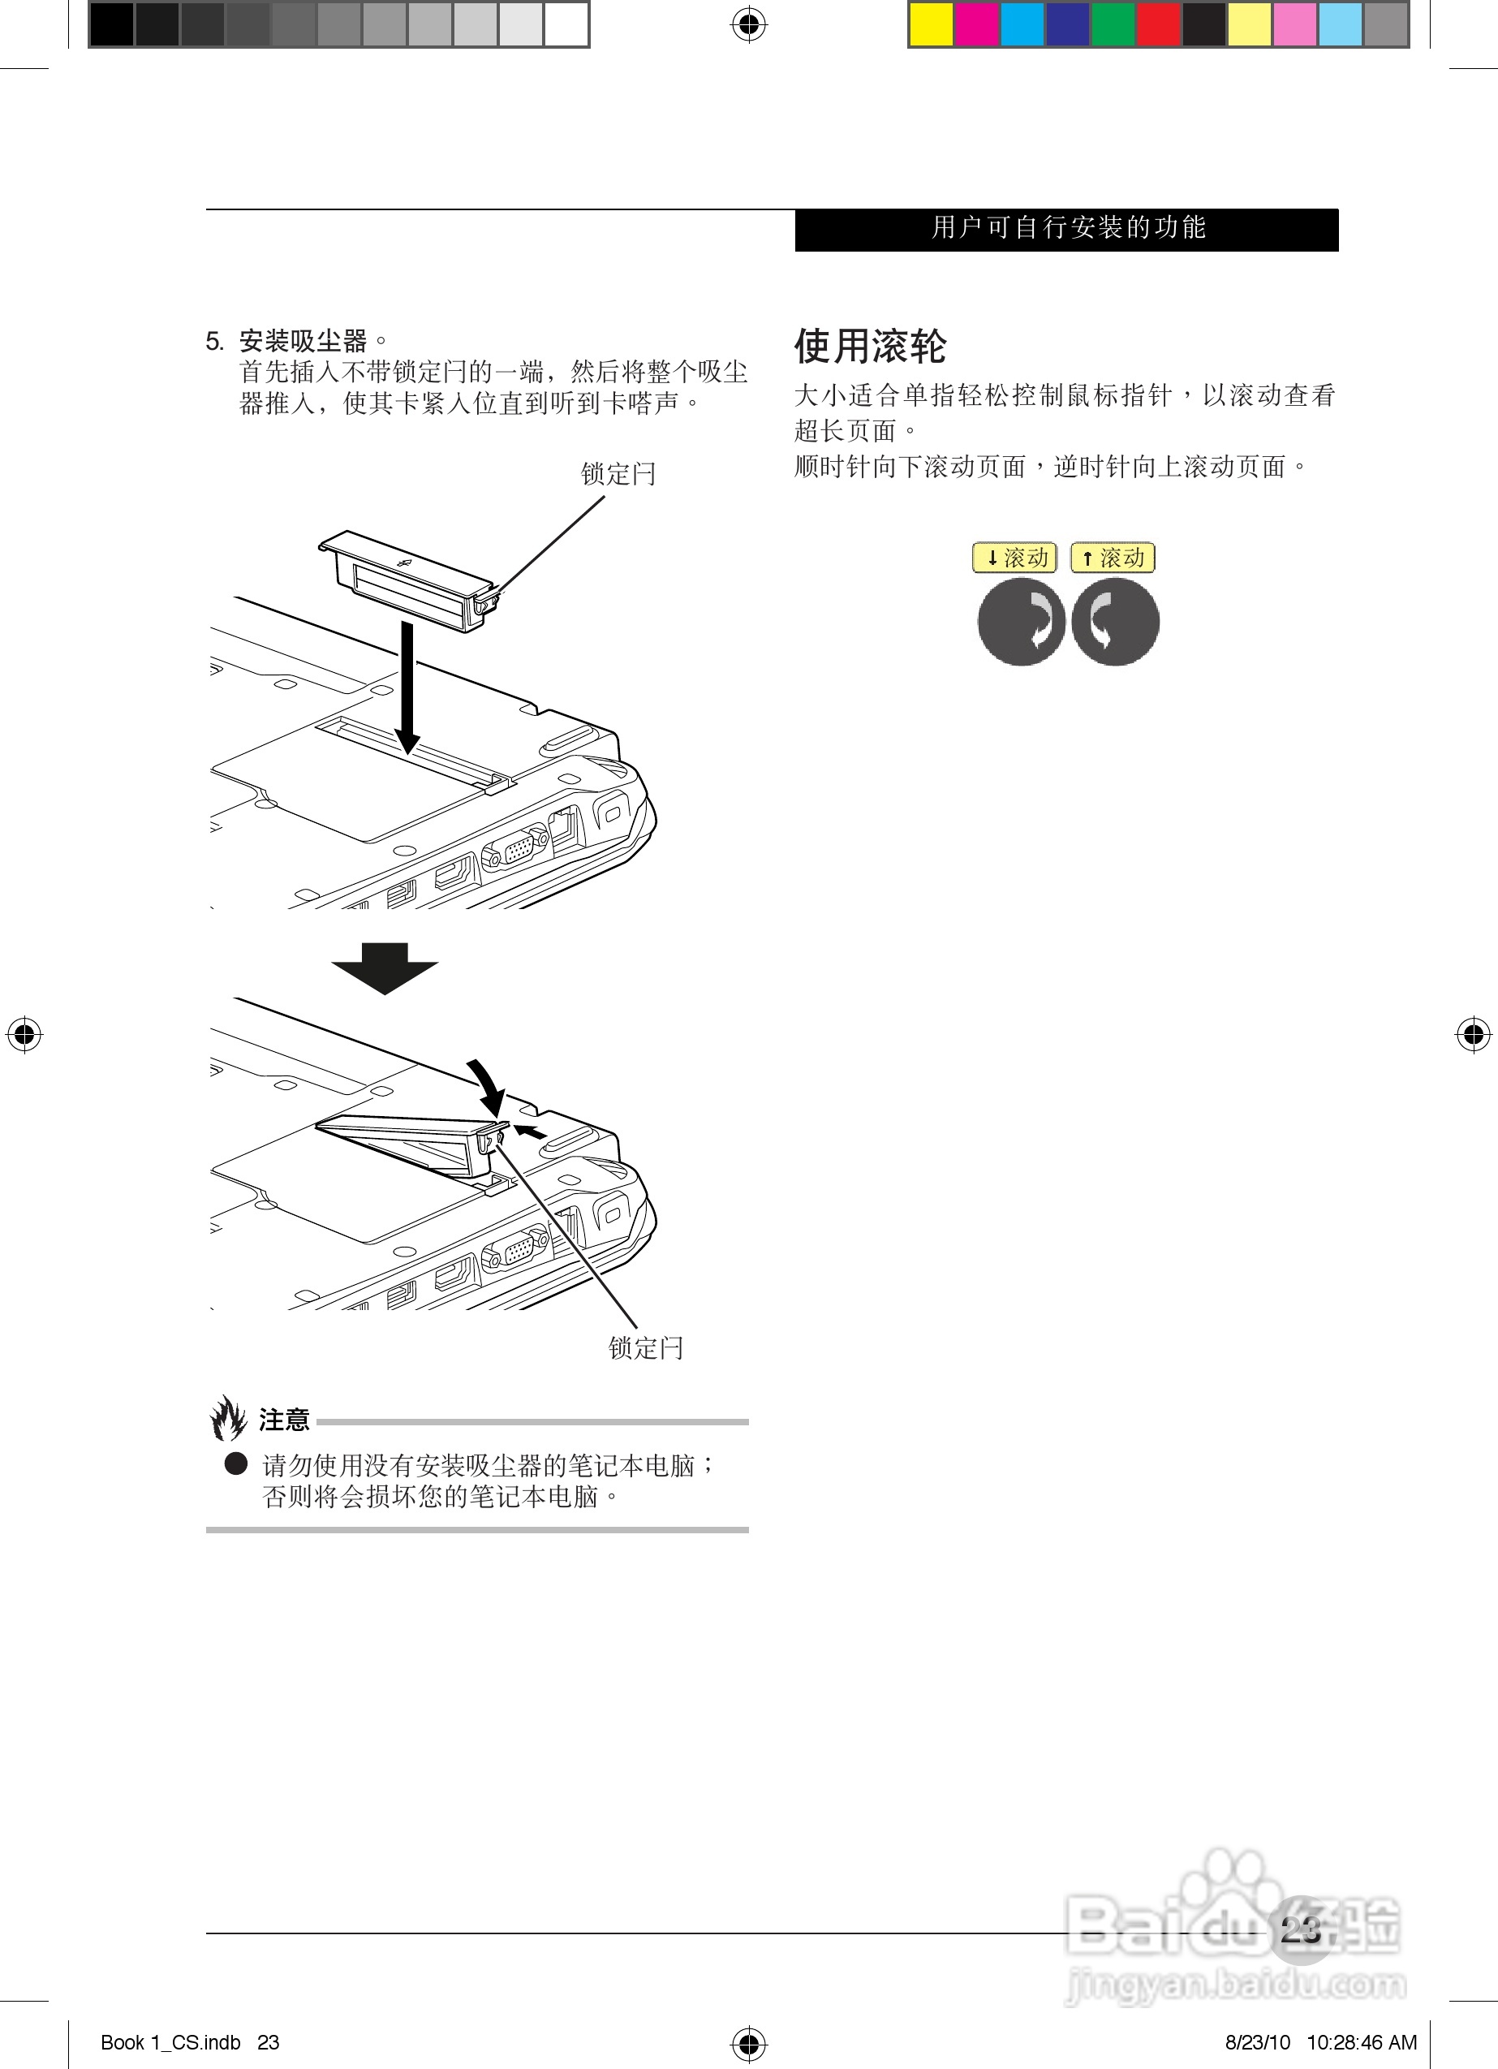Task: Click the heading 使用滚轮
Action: (x=869, y=346)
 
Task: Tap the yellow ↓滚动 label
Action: (x=1014, y=558)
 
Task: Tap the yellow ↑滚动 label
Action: (x=1112, y=558)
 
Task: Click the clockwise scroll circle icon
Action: (x=1021, y=622)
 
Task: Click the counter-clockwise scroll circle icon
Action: (x=1115, y=622)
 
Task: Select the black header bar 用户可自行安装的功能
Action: (x=1066, y=229)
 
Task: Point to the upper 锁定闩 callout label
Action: (x=618, y=473)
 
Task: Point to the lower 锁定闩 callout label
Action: (x=645, y=1347)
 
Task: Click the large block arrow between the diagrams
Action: (x=384, y=967)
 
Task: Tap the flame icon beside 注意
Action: (x=228, y=1419)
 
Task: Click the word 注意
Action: (x=285, y=1420)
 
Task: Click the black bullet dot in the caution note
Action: (x=236, y=1463)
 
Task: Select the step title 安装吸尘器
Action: (x=303, y=341)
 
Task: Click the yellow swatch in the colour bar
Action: (x=931, y=24)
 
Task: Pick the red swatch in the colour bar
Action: (x=1159, y=24)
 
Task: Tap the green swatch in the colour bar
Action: (x=1113, y=24)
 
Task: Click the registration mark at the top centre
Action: (x=748, y=24)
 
